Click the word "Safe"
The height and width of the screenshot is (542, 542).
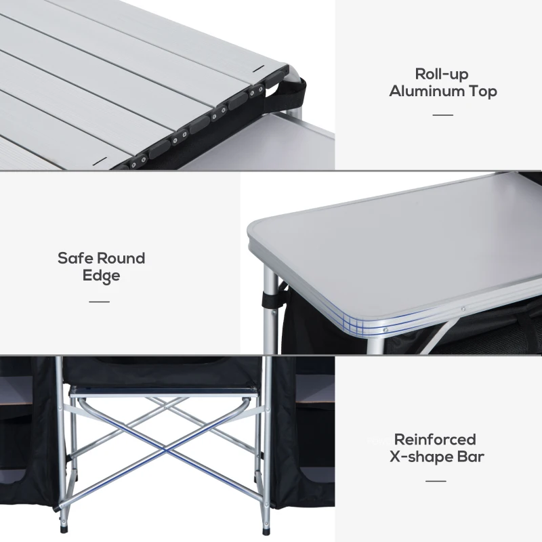(75, 258)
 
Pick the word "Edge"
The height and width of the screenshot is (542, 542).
(101, 276)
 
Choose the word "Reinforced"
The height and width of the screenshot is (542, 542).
(435, 440)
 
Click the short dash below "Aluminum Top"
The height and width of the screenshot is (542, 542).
(442, 114)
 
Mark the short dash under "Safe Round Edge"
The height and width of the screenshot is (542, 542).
(99, 301)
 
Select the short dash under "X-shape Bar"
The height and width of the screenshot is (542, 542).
(436, 481)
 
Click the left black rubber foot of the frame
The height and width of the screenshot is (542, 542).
(64, 526)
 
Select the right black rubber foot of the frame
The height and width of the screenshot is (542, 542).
(266, 526)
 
